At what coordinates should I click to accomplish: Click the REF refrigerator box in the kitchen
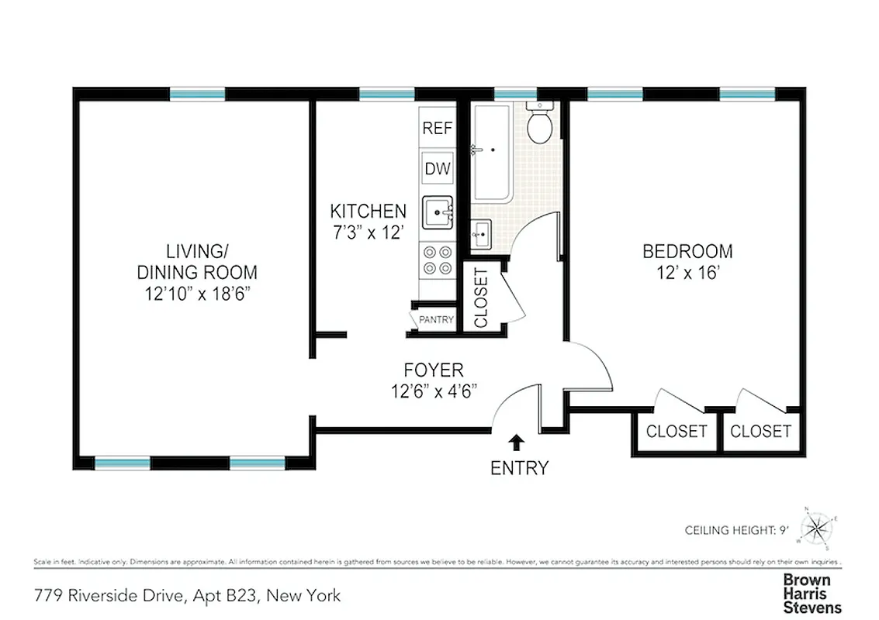437,129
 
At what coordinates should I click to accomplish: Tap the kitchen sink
438,212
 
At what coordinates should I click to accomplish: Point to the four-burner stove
437,260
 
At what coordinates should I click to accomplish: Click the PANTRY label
436,319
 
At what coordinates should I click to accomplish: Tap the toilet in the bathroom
539,124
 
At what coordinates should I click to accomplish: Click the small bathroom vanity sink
480,233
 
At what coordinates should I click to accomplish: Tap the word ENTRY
519,468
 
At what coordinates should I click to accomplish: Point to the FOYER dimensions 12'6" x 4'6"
434,391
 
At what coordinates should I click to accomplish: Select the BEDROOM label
687,251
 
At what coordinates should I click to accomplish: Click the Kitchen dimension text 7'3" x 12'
368,232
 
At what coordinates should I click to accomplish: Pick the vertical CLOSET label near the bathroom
480,297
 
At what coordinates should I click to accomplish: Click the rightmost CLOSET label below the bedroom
760,432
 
